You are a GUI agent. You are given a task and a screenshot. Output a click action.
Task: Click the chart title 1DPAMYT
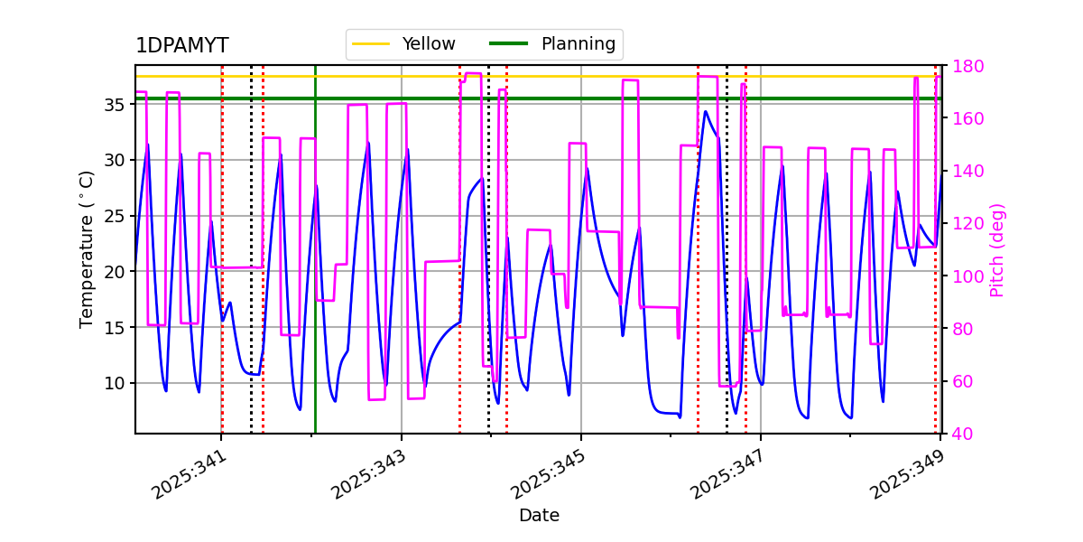click(x=181, y=46)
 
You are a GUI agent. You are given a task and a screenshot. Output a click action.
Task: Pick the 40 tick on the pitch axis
click(x=963, y=435)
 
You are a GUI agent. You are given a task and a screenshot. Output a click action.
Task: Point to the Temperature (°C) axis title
click(x=87, y=249)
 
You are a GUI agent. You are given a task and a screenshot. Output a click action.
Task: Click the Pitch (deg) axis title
click(x=997, y=249)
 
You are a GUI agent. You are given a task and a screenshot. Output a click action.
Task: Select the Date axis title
click(x=539, y=516)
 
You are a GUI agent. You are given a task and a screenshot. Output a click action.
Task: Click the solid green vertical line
click(x=315, y=271)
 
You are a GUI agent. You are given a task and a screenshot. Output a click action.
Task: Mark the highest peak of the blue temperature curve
click(x=706, y=111)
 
